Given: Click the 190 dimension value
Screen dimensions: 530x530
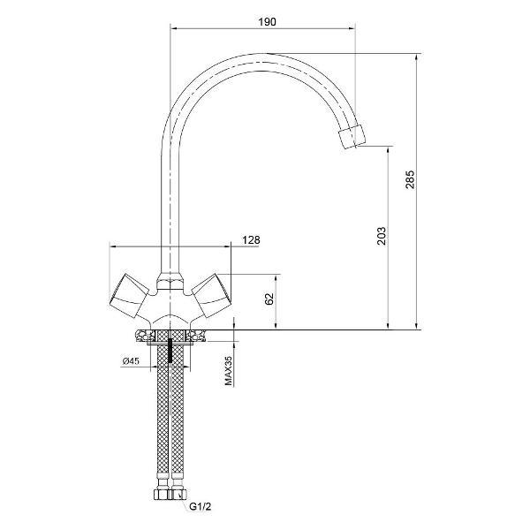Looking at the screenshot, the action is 267,22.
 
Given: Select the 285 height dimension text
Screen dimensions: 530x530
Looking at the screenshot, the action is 410,179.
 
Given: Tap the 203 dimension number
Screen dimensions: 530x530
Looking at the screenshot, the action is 382,236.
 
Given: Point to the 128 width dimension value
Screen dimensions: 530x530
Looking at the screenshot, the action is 251,240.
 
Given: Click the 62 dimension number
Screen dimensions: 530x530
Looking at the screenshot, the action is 269,299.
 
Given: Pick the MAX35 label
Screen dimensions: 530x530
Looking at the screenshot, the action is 229,371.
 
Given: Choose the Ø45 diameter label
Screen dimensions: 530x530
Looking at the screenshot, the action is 131,361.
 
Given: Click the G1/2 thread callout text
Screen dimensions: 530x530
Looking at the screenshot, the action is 201,506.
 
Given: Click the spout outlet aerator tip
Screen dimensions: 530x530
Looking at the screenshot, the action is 352,137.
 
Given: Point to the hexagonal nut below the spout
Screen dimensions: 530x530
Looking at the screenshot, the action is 170,283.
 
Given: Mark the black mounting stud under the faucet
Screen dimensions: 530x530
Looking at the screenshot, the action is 170,351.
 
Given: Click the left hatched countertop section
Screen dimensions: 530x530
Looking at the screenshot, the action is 146,337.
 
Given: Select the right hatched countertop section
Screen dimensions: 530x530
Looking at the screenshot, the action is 195,337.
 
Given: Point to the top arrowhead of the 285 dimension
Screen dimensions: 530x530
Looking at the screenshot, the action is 416,57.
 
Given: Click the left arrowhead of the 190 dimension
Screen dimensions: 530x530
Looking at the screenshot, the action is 174,29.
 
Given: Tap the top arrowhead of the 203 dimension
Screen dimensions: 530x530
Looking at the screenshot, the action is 388,150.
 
